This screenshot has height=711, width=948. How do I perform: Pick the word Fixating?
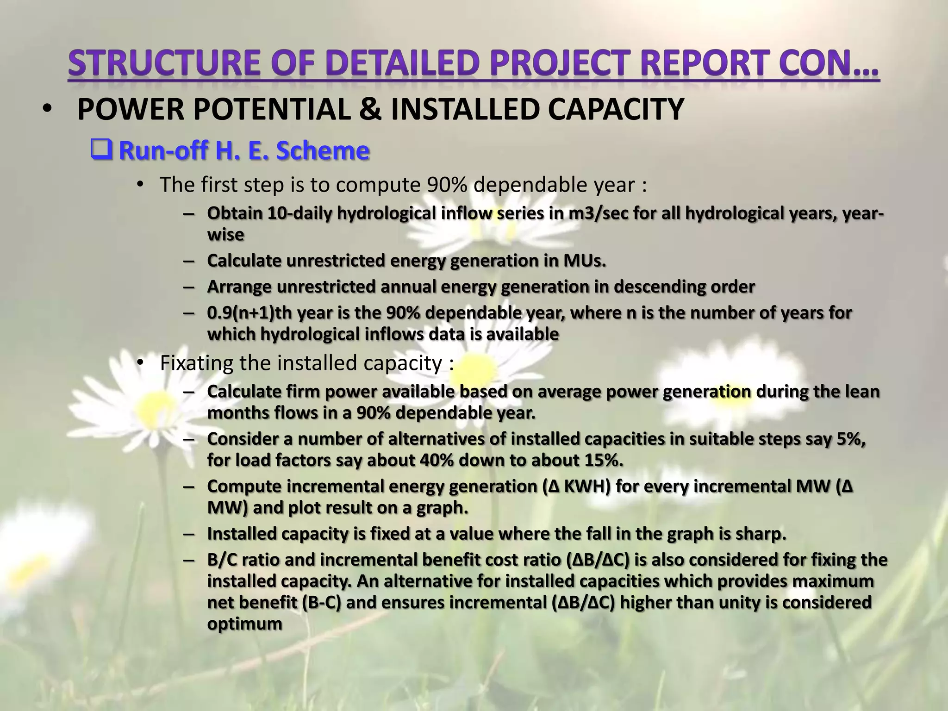196,363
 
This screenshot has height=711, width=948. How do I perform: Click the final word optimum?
244,624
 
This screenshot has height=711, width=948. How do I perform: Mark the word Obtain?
234,213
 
